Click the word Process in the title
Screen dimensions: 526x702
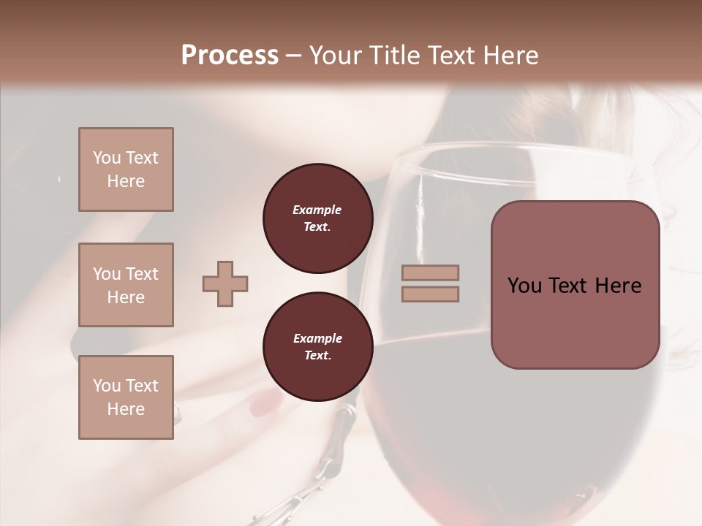point(230,55)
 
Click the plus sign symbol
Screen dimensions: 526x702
point(225,283)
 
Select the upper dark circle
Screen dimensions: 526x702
point(317,218)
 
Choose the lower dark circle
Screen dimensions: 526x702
point(317,347)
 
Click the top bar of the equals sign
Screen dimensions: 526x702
point(430,273)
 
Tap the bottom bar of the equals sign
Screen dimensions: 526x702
point(430,294)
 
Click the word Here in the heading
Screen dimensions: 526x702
point(509,55)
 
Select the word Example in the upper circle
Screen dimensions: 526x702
point(317,210)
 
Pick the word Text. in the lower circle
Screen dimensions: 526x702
point(317,356)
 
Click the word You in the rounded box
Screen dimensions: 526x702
point(524,286)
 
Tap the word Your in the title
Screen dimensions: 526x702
point(336,55)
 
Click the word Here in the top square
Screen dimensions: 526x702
point(126,181)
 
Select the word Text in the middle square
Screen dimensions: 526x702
point(142,274)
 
